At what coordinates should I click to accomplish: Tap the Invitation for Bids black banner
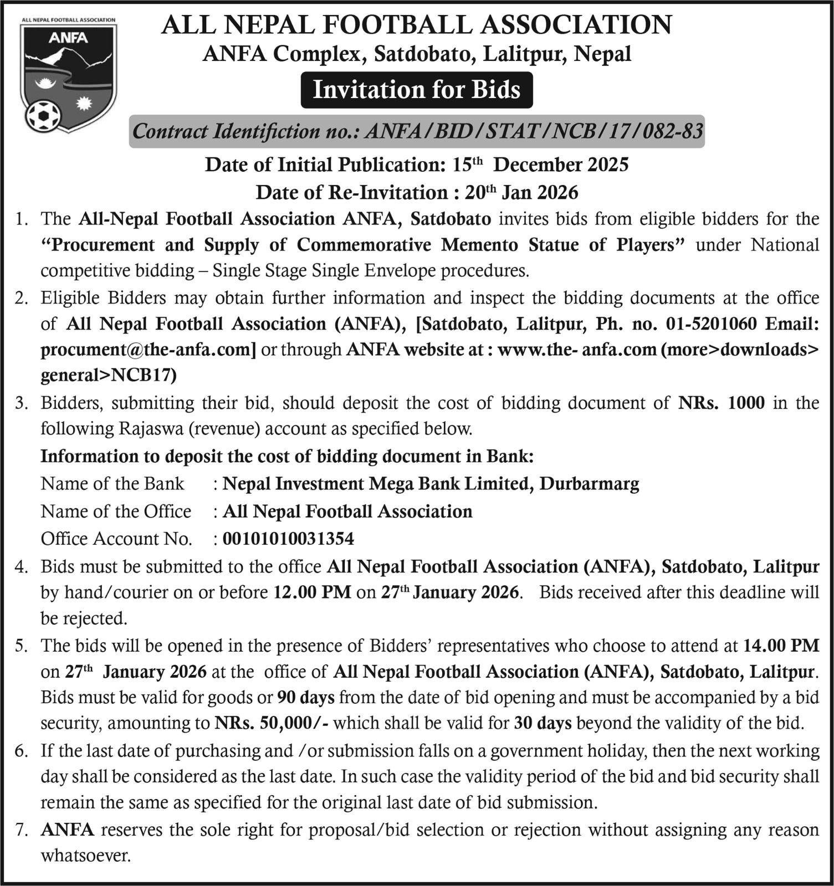click(417, 90)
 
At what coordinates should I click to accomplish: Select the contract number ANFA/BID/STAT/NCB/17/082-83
click(535, 132)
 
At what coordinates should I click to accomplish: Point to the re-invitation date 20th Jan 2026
click(521, 192)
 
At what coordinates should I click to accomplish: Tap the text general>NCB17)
click(109, 375)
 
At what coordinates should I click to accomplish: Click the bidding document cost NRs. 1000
click(722, 403)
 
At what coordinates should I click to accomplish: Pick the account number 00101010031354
click(288, 538)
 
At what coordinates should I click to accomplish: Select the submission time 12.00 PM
click(313, 592)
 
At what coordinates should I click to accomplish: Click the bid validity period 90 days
click(306, 697)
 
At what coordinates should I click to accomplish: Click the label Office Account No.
click(116, 538)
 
